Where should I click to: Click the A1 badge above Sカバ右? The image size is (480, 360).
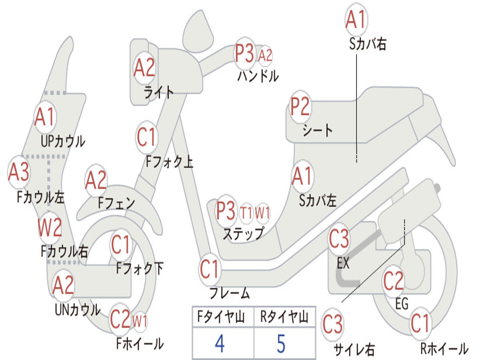pos(356,19)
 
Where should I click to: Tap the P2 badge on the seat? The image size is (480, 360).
pos(300,106)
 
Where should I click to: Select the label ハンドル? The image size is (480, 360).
pos(258,76)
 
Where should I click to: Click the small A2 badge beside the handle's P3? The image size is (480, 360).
pos(265,55)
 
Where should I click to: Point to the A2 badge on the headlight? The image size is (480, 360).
pos(144,67)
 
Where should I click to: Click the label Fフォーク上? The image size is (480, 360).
pos(170,161)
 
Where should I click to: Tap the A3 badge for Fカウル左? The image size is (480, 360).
pos(19,172)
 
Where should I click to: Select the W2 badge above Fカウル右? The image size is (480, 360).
pos(50,227)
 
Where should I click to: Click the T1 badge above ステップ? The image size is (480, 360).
pos(247,212)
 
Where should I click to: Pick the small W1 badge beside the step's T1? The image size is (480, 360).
pos(262,212)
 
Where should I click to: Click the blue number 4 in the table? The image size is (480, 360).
pos(220,344)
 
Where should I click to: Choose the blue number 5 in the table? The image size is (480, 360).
pos(281,344)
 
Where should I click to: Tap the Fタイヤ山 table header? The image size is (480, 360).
pos(221,316)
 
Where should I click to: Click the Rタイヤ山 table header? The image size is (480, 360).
pos(284,316)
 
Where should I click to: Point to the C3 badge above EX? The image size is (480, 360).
pos(339,239)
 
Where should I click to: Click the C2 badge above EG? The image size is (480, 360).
pos(393,280)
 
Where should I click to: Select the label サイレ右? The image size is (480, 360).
pos(354,349)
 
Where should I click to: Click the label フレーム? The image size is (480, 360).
pos(230,293)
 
